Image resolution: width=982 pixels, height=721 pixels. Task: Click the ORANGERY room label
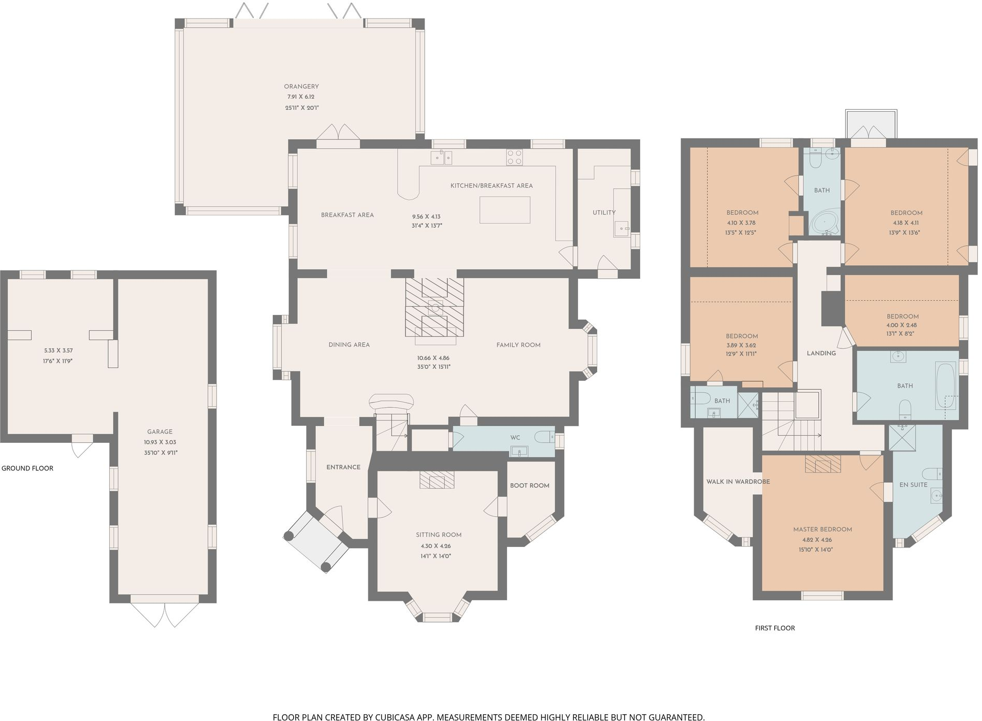[301, 86]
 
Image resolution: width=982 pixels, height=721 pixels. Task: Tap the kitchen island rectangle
[504, 210]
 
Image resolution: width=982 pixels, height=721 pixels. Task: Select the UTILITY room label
[604, 212]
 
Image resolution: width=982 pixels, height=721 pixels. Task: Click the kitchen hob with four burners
[514, 157]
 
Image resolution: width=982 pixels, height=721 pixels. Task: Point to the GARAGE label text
[160, 431]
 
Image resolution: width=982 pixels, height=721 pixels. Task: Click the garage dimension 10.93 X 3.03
[160, 442]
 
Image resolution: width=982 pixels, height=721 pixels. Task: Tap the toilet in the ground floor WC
[544, 438]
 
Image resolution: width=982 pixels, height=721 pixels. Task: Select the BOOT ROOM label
[529, 485]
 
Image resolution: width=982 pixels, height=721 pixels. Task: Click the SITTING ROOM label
[438, 535]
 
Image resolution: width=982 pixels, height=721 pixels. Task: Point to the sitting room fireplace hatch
[437, 480]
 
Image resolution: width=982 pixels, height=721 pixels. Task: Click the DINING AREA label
[349, 344]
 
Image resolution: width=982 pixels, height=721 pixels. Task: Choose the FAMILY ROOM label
[518, 345]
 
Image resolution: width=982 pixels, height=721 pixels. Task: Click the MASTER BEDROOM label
[822, 529]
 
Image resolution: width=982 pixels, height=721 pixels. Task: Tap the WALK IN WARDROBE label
[738, 482]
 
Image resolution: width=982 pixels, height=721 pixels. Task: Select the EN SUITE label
[913, 485]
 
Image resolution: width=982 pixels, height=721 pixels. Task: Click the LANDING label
[821, 353]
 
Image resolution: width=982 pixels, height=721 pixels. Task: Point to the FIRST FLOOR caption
[774, 628]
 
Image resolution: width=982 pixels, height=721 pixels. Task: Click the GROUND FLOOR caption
[27, 468]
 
